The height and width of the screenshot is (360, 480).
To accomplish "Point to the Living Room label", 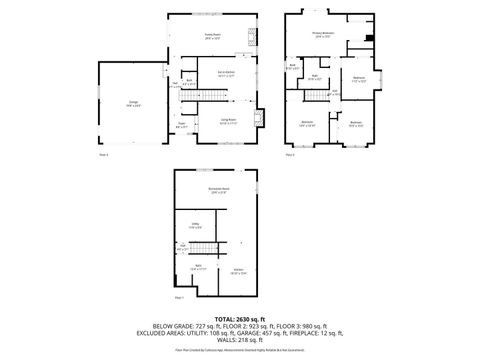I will point(229,120).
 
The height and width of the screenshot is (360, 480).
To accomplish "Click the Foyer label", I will point(182,126).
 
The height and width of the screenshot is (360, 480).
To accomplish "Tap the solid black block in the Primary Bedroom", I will point(369,38).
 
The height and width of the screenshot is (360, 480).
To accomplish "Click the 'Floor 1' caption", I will point(179,298).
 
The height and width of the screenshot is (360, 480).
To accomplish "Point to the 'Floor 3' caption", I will point(290,155).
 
